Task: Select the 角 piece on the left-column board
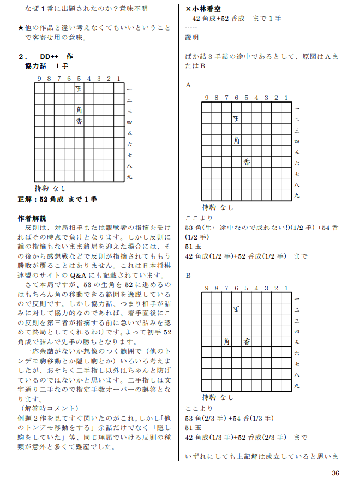pos(79,109)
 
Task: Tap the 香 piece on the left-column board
pos(79,121)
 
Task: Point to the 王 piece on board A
pos(236,118)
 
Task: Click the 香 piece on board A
pos(247,162)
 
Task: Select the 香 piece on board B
pos(247,342)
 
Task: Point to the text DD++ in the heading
pos(50,56)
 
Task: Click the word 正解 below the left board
pos(26,200)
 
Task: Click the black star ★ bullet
pos(21,28)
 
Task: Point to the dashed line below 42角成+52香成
pos(190,28)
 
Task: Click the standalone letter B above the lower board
pos(188,276)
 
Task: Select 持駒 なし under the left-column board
pos(50,188)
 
